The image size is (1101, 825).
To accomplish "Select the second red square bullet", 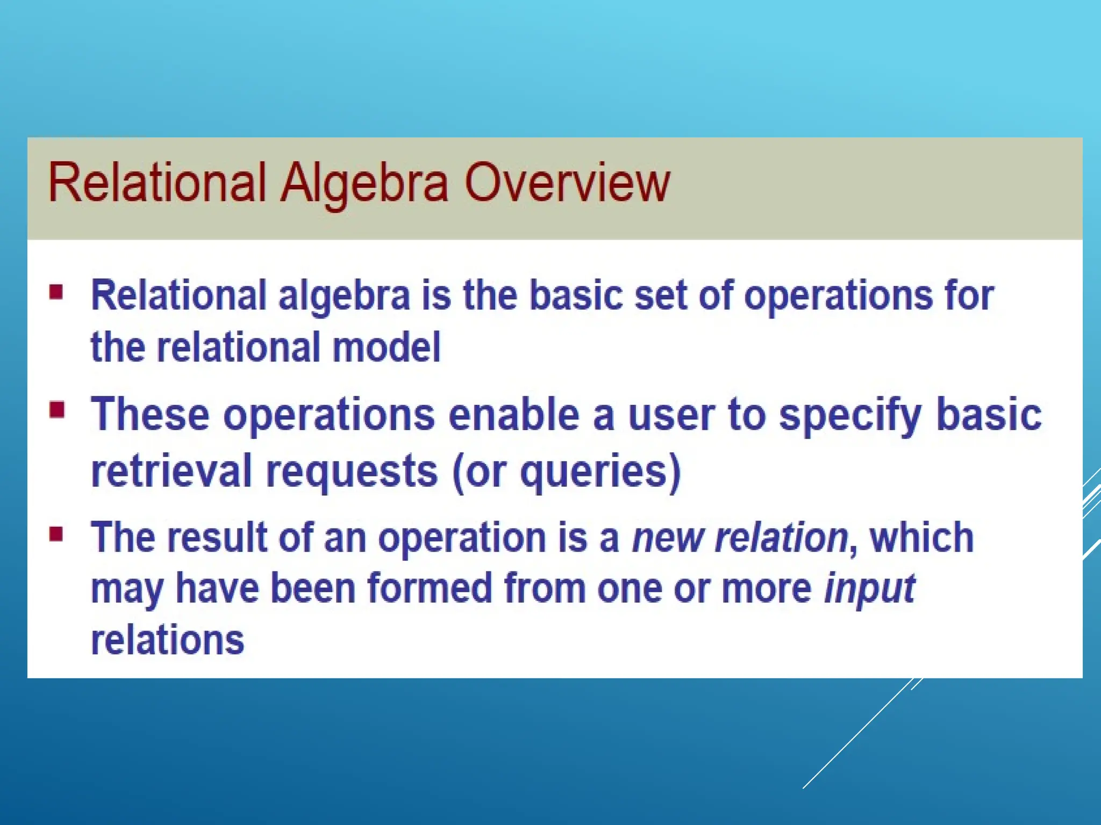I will [56, 411].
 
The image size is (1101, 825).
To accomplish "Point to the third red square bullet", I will [56, 534].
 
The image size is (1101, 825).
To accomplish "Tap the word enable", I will [514, 415].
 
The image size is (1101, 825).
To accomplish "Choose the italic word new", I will [667, 538].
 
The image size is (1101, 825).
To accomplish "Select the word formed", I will [430, 588].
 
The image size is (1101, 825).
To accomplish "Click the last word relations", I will [168, 640].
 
